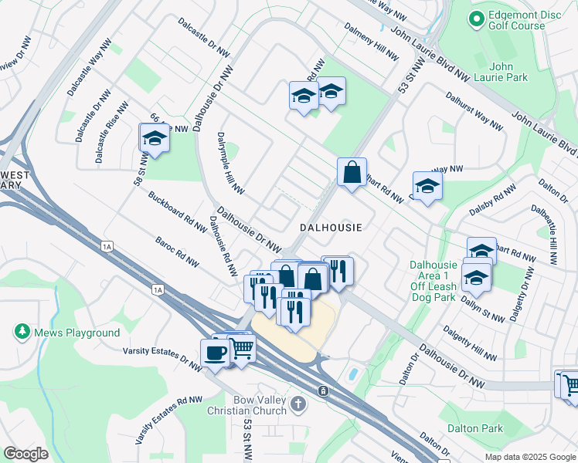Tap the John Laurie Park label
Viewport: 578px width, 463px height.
508,71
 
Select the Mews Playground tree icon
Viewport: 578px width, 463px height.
22,333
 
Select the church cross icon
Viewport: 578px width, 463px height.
299,403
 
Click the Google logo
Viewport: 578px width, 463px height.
25,453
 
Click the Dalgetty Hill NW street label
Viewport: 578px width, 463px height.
470,343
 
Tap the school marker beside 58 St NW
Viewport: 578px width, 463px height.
155,139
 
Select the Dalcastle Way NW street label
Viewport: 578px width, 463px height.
90,72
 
